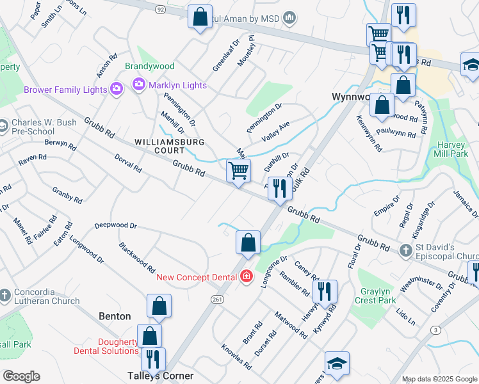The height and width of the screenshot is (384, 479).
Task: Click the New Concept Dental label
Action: click(x=197, y=276)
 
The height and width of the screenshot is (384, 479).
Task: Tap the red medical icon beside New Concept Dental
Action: click(x=247, y=276)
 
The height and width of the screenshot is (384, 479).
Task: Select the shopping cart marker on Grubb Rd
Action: click(x=238, y=171)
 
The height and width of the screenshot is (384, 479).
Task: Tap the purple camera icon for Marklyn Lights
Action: click(x=138, y=84)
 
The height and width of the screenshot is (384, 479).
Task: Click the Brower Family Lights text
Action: click(x=65, y=90)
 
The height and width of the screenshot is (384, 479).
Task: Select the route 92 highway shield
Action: click(x=159, y=10)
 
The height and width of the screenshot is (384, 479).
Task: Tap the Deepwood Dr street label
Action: click(x=116, y=225)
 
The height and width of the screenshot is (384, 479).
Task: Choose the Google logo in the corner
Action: click(x=21, y=376)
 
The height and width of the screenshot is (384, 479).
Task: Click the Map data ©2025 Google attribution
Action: click(x=439, y=379)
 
